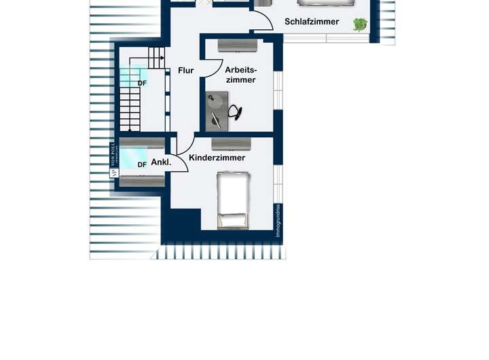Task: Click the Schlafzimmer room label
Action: point(312,22)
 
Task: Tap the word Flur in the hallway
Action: point(186,70)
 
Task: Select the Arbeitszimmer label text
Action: point(240,75)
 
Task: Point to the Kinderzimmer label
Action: point(217,158)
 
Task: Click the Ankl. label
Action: point(160,162)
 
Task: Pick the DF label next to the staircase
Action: point(142,84)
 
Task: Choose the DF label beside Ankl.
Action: point(142,164)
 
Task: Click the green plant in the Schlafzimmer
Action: point(359,25)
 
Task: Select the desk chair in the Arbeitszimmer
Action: point(236,112)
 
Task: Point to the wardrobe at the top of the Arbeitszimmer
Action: point(238,46)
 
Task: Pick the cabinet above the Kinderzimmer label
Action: point(232,143)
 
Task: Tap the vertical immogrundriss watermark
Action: point(278,223)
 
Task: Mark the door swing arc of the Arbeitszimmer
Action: point(216,68)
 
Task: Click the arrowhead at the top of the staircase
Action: point(162,58)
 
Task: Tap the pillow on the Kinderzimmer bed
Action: point(232,219)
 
